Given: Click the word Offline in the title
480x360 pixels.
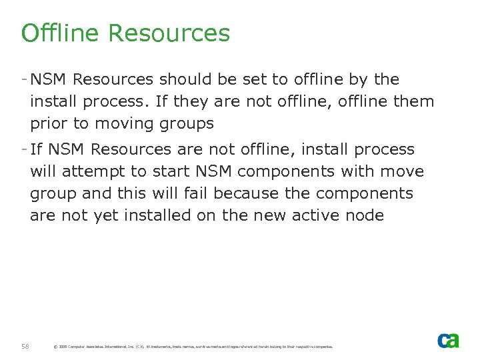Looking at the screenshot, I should (x=60, y=33).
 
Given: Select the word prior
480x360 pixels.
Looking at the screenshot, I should (x=49, y=123).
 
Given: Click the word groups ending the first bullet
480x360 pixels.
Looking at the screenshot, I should (x=190, y=123).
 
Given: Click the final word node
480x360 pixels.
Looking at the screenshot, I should (x=367, y=215).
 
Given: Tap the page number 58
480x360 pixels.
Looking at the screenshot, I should (x=25, y=346).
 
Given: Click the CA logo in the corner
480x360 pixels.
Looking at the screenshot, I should (x=448, y=341).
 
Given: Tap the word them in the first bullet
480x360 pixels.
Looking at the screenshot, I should (x=416, y=101).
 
